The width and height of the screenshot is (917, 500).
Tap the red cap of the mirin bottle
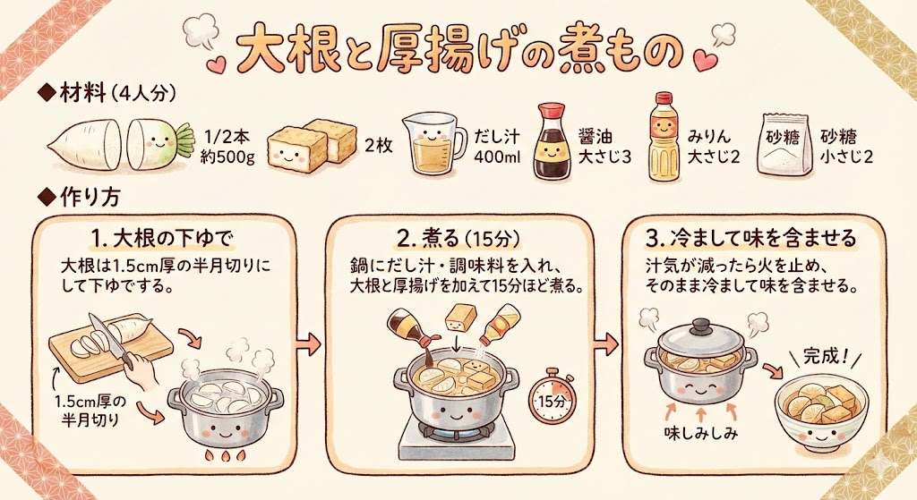pos(664,99)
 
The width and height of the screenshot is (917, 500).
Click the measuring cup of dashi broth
pos(433,144)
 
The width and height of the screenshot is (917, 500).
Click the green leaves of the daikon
pos(184,140)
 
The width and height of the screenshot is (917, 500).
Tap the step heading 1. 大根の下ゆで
pos(163,239)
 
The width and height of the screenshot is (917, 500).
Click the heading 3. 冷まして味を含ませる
pos(751,238)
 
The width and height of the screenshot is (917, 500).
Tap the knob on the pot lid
pos(701,323)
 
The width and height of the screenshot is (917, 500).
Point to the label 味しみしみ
pos(700,433)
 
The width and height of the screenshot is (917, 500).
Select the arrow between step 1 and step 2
pos(309,343)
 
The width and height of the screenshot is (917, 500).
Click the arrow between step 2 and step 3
pos(606,343)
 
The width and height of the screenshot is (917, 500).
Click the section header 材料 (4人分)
pos(107,93)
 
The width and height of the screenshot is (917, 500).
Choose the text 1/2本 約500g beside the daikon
pos(227,147)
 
